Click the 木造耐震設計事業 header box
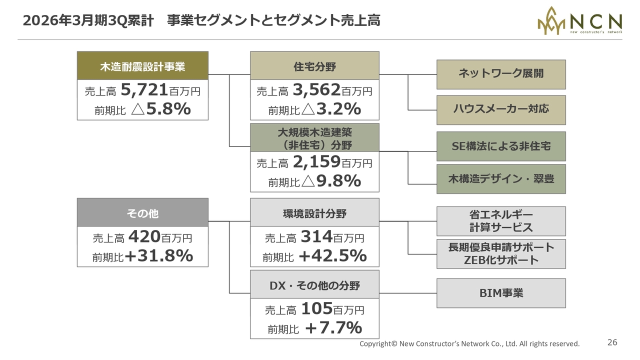pos(142,66)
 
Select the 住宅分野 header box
pos(314,66)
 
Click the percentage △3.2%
pos(331,109)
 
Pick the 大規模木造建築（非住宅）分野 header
pos(314,138)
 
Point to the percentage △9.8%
pos(331,181)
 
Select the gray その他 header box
pos(142,213)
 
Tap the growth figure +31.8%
pos(159,256)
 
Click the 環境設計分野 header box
pos(314,213)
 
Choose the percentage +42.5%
pos(332,256)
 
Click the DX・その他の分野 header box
pos(314,285)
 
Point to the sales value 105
pos(316,309)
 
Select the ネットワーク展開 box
pos(501,74)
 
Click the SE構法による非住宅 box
pos(501,146)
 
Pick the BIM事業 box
pos(501,293)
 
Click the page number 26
pos(612,342)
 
